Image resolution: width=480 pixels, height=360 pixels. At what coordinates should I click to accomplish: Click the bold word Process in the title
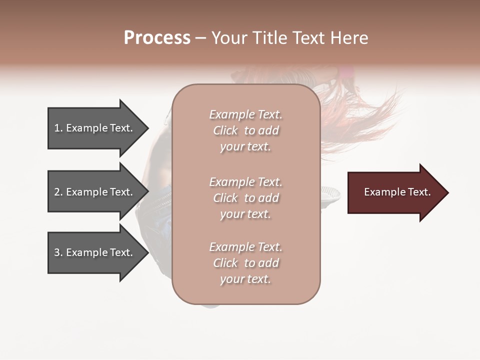click(157, 38)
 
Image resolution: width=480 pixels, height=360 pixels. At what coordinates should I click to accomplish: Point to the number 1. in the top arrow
click(58, 128)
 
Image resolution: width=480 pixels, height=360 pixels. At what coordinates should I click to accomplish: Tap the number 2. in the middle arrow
click(58, 192)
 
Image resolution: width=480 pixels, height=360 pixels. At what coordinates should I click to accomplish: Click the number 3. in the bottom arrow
click(58, 252)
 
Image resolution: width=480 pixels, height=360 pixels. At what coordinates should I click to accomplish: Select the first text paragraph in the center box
click(245, 130)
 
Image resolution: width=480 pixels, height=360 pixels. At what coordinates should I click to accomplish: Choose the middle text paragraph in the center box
click(245, 198)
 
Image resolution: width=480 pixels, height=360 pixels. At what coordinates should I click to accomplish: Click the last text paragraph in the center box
click(245, 263)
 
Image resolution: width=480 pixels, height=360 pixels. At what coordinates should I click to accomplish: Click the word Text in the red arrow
click(419, 192)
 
